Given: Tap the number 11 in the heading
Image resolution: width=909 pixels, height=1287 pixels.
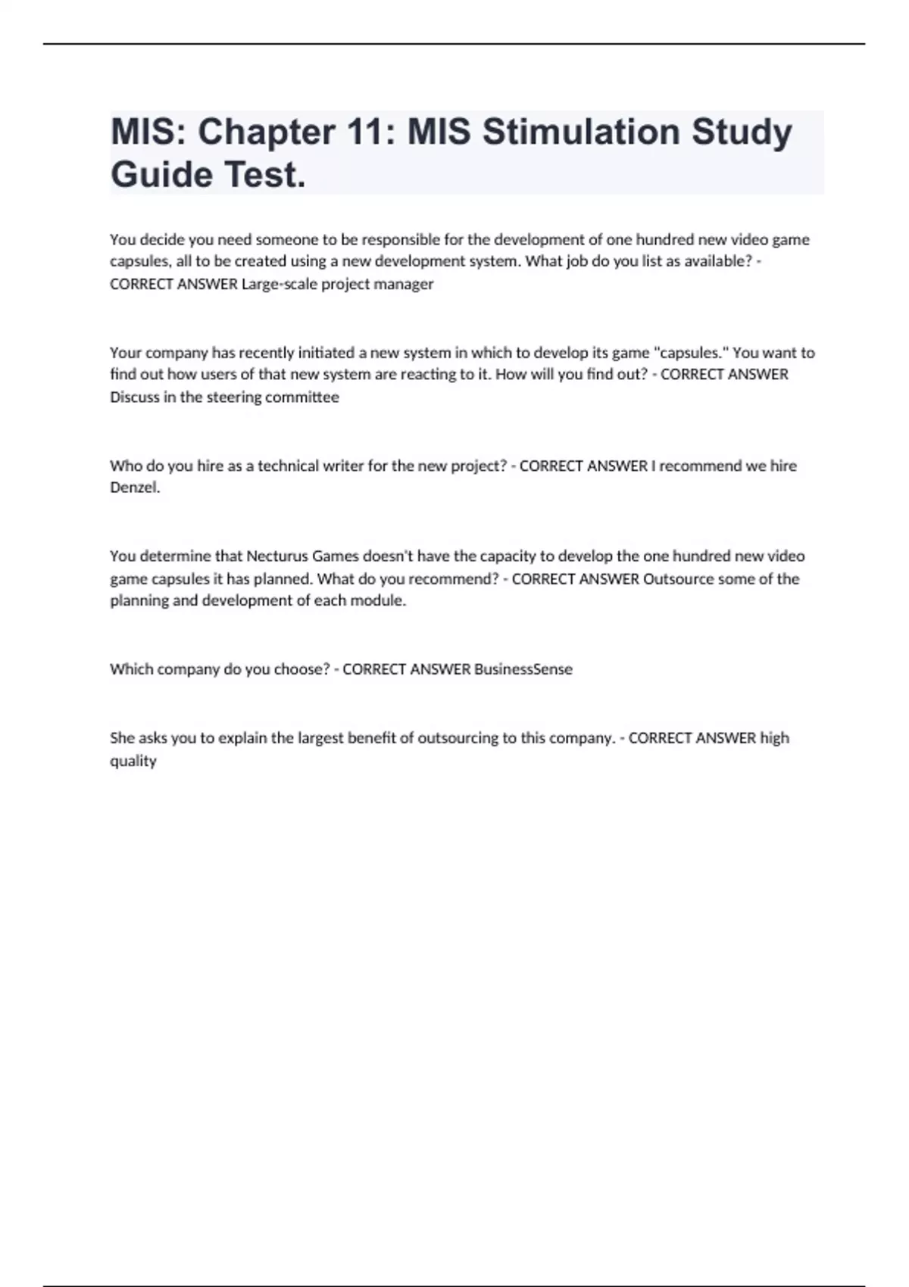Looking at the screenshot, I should point(370,132).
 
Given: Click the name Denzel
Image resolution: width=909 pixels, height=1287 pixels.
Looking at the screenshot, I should point(134,488).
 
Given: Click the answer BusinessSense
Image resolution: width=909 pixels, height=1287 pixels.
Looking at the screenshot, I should point(523,669).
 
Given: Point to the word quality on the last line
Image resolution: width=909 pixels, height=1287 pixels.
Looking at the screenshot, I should point(133,761).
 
